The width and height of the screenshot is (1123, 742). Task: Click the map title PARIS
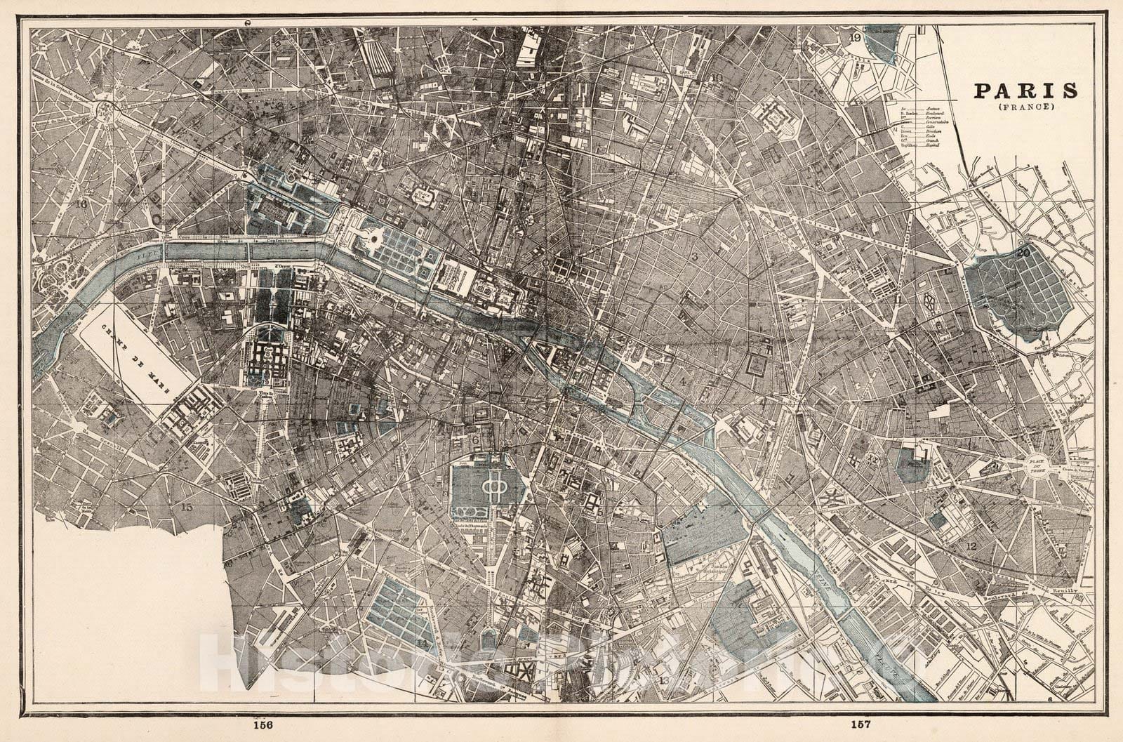(1025, 91)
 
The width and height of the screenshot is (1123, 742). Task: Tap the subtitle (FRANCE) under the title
(1024, 107)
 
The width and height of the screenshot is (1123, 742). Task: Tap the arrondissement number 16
(83, 204)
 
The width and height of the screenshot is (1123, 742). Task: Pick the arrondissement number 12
(971, 546)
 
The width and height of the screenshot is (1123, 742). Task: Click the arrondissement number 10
(717, 77)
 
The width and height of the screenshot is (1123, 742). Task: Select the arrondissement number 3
(694, 257)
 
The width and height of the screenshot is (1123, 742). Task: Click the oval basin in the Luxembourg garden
(491, 487)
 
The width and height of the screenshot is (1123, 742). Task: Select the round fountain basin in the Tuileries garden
(376, 240)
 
